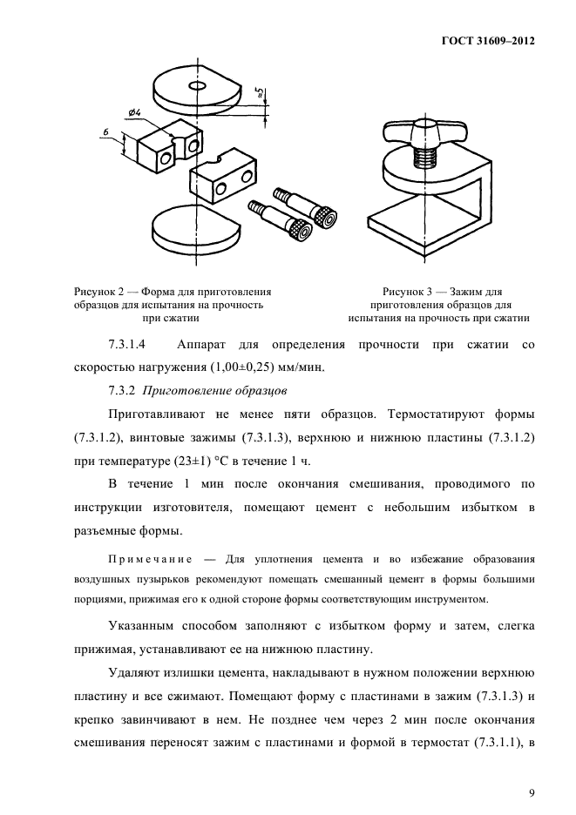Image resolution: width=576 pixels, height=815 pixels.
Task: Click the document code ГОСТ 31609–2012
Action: [x=491, y=41]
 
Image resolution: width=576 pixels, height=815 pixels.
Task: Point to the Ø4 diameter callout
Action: [x=135, y=111]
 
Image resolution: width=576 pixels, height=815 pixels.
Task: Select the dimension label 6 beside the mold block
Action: [x=105, y=131]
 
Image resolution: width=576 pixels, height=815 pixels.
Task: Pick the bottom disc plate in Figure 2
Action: [x=193, y=231]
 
